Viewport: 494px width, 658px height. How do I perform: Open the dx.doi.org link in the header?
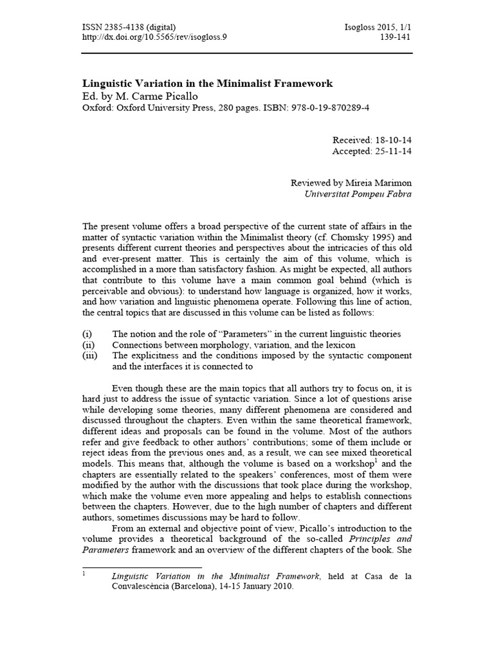pos(154,37)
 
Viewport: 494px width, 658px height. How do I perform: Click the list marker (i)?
pos(87,334)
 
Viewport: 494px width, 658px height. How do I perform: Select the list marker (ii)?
pos(88,345)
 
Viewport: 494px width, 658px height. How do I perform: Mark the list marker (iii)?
pos(89,355)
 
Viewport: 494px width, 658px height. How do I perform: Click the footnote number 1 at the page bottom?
pos(84,574)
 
